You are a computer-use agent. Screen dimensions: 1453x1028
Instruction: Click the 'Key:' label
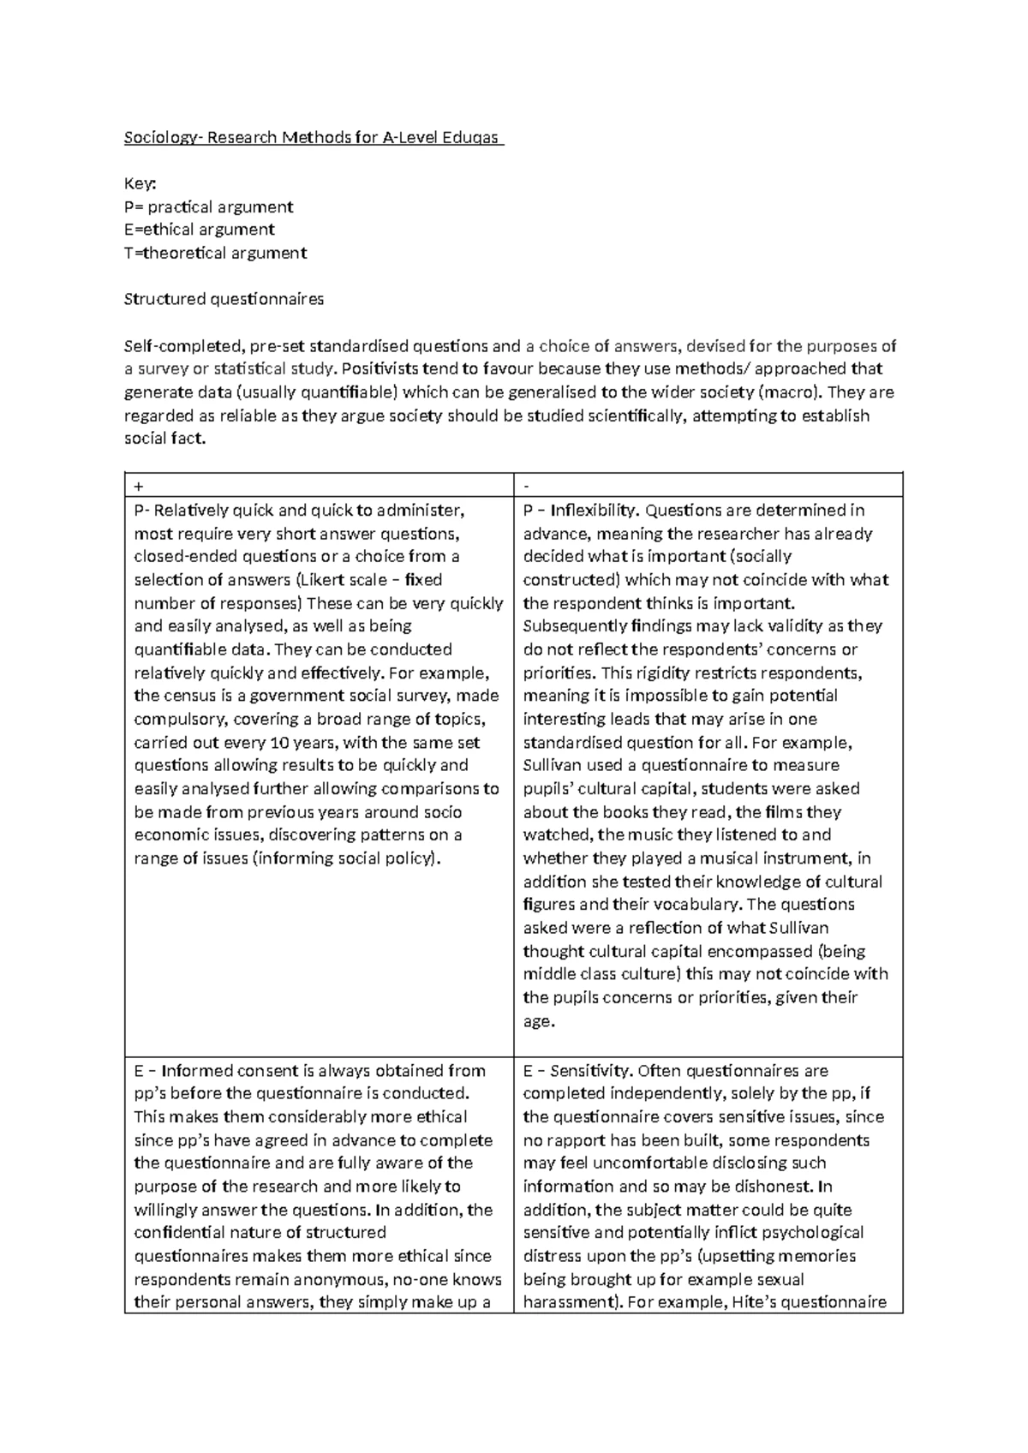[141, 183]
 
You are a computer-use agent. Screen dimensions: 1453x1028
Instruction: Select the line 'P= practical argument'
[208, 206]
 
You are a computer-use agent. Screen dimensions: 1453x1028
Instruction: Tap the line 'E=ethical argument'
[199, 230]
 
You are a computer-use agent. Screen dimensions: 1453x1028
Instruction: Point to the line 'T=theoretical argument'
[215, 253]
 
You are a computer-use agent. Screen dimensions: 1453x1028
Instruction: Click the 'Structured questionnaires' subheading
[224, 299]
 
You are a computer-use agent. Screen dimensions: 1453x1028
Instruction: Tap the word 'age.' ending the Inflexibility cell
[539, 1021]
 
